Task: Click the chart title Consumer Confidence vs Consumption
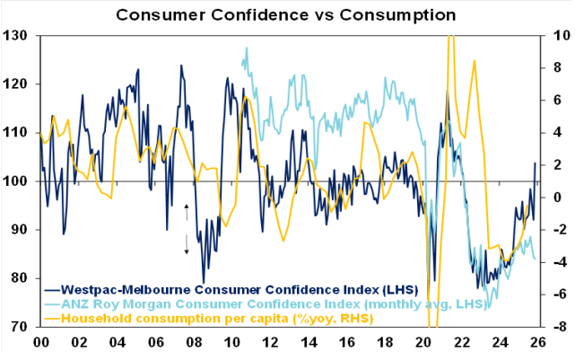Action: tap(286, 15)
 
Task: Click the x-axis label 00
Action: tap(40, 342)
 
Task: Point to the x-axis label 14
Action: tap(309, 342)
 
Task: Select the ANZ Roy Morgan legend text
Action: tap(278, 304)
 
